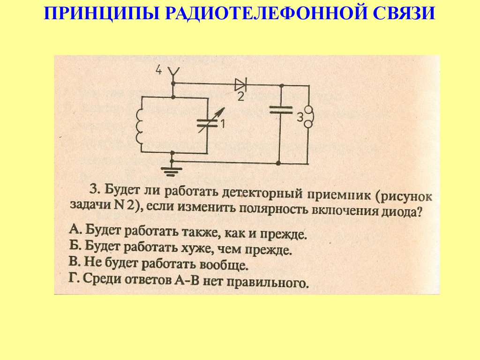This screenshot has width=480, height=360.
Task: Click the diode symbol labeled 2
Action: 240,85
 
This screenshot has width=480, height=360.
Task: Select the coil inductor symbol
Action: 139,125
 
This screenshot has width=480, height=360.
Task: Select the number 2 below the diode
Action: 240,97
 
